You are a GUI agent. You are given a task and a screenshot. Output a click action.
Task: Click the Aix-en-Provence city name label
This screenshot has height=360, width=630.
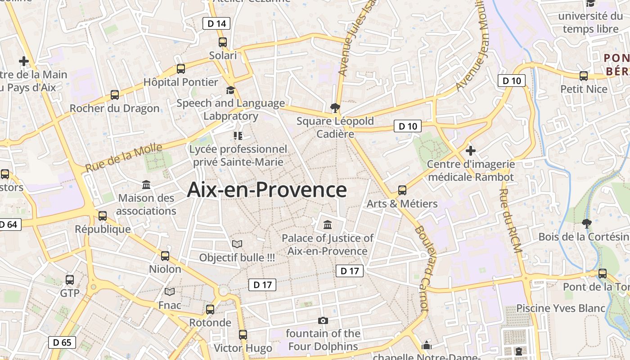(x=267, y=190)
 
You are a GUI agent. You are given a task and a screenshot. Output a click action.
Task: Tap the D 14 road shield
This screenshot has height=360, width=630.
(x=216, y=23)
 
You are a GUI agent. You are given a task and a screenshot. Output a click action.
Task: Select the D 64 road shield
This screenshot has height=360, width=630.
(x=9, y=224)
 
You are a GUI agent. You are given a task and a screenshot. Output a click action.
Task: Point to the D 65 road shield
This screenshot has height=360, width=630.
(x=62, y=342)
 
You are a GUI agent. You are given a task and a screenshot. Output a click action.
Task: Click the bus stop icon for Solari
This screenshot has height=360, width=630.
(x=223, y=42)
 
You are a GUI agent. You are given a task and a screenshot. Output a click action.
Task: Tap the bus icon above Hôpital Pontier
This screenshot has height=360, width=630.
(x=181, y=69)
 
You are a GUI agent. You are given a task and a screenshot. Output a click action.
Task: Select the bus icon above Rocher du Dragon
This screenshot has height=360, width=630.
(x=115, y=95)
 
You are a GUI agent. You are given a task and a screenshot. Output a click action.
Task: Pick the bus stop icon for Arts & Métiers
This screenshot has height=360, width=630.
(x=402, y=190)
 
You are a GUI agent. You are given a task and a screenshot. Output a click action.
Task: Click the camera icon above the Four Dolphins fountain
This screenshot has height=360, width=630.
(x=323, y=321)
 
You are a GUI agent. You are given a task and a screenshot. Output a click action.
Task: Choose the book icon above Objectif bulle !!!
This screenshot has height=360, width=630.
(x=237, y=244)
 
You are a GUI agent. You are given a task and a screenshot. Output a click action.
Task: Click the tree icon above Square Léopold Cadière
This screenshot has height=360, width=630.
(x=335, y=108)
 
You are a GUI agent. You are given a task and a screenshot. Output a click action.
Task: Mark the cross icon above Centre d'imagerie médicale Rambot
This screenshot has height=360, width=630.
(x=471, y=150)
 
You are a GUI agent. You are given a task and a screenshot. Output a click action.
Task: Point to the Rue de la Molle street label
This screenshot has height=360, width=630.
(x=123, y=157)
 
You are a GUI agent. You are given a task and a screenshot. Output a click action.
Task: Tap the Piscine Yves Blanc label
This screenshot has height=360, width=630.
(x=560, y=308)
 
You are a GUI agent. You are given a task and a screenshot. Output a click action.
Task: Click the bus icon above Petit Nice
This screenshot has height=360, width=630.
(x=584, y=76)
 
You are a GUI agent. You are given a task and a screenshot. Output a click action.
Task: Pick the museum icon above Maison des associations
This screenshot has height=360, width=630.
(x=146, y=185)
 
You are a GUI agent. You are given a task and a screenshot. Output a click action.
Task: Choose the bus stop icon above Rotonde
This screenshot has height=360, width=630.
(x=210, y=310)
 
